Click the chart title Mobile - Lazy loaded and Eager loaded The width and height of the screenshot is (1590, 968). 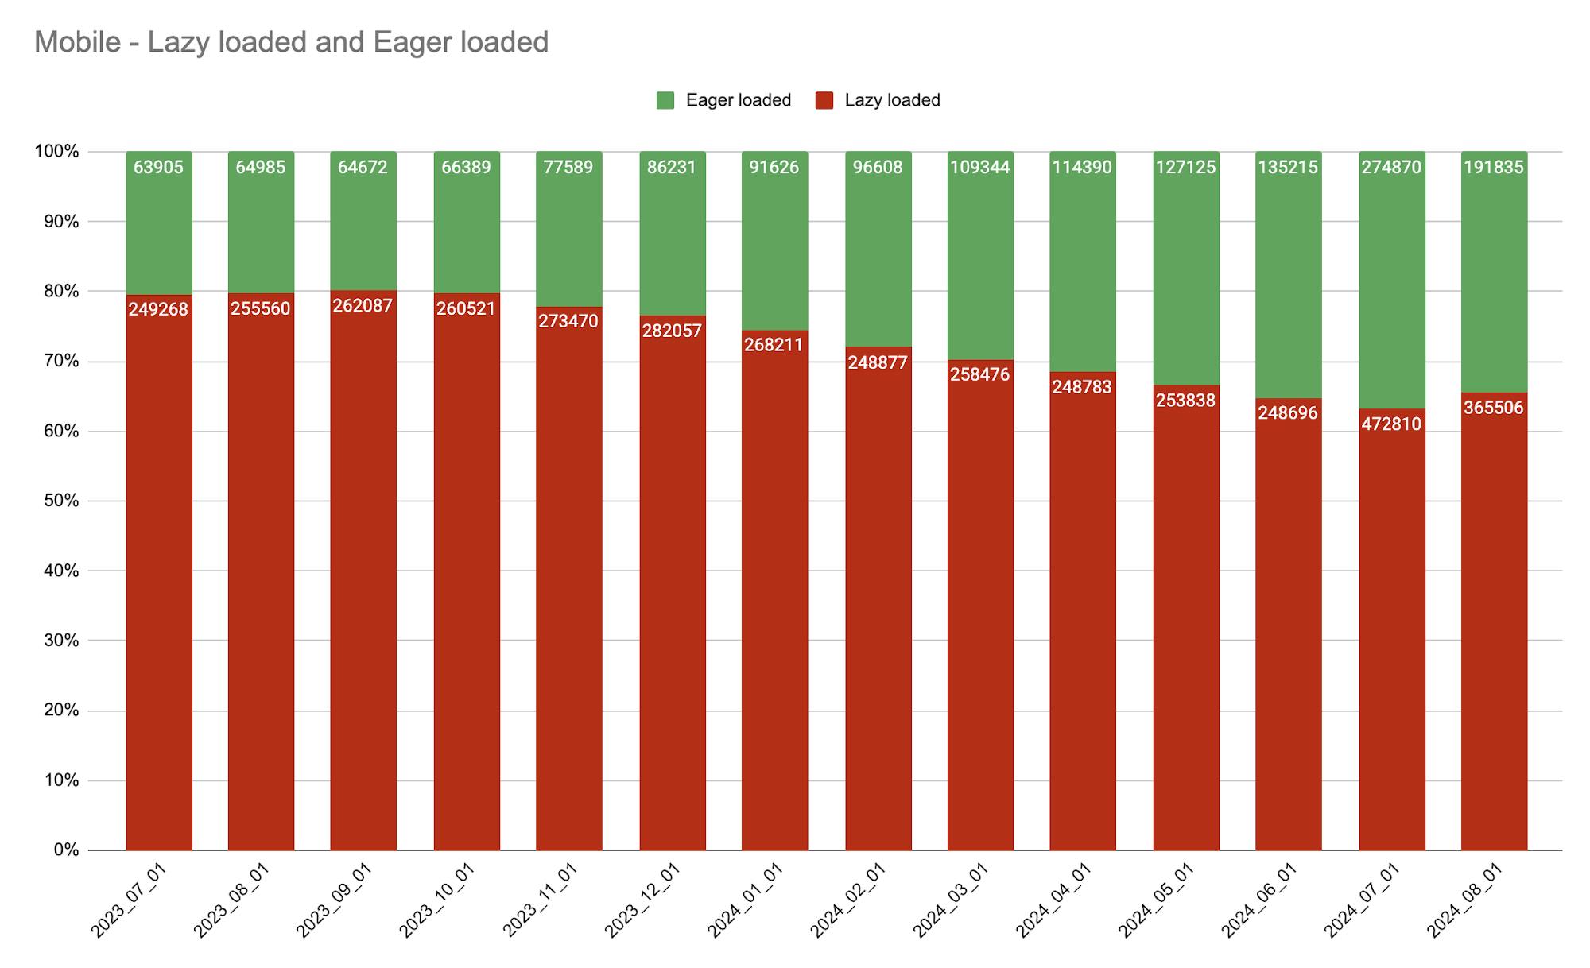(291, 42)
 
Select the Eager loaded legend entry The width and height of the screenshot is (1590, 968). (723, 100)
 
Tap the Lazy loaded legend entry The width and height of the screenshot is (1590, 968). (878, 100)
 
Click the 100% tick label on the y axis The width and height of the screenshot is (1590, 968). (57, 151)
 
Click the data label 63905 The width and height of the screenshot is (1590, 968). (158, 168)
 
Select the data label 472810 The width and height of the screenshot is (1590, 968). (1390, 424)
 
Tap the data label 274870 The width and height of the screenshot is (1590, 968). (1390, 168)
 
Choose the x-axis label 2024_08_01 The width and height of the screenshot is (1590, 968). (1465, 900)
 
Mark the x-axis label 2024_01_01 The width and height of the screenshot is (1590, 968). (747, 900)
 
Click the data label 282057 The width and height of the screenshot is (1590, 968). (672, 331)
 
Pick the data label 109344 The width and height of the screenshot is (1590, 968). (980, 168)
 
